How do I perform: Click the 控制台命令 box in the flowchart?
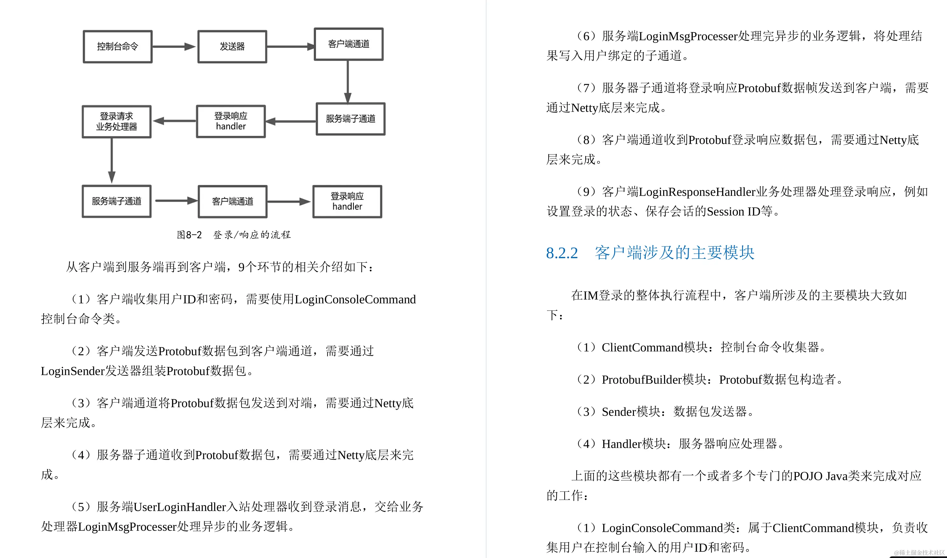[x=118, y=46]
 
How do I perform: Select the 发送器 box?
[x=232, y=46]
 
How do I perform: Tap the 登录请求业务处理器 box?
[x=116, y=122]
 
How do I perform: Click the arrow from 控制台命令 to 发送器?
[x=174, y=46]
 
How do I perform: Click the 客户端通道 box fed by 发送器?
[x=349, y=44]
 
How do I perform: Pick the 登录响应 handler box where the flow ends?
[x=347, y=201]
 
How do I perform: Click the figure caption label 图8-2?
[x=189, y=235]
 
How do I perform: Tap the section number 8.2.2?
[x=562, y=253]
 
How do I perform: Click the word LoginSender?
[x=72, y=371]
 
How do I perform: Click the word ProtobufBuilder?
[x=642, y=380]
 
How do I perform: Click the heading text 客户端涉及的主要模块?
[x=675, y=253]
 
